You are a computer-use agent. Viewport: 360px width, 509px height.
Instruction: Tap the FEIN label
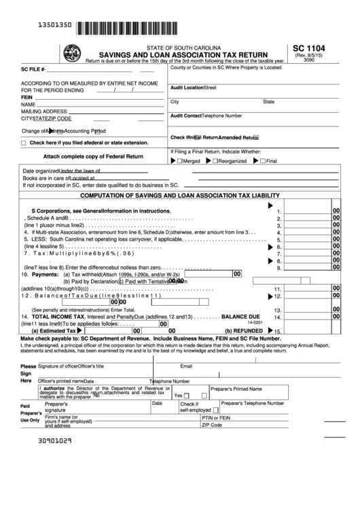[x=27, y=97]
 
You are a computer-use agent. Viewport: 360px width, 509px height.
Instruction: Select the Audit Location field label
[x=187, y=88]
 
